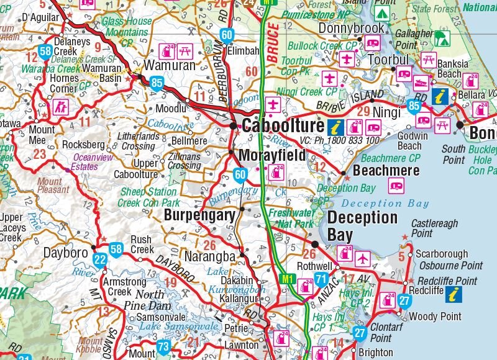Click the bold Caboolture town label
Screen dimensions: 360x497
[x=282, y=126]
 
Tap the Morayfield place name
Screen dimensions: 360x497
[x=272, y=156]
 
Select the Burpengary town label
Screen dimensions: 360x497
[x=199, y=215]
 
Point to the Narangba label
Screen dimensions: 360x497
[x=211, y=255]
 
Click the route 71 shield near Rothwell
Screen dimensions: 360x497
[x=321, y=279]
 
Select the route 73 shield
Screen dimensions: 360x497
[x=163, y=347]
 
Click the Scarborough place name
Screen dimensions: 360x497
[x=442, y=254]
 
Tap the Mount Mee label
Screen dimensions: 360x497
[x=42, y=135]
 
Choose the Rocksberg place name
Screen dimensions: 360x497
[x=83, y=145]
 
